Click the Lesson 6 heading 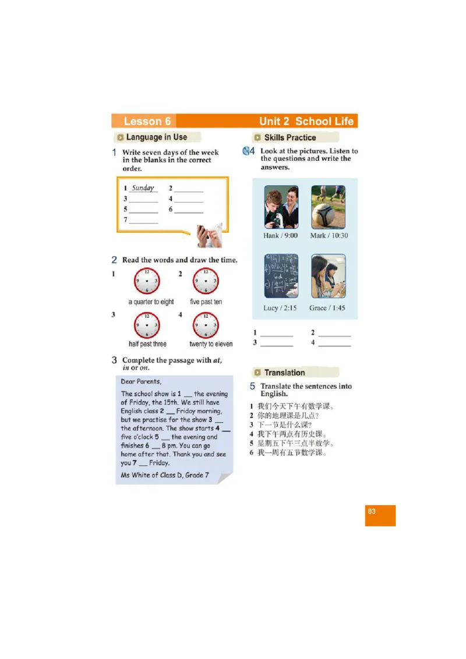pyautogui.click(x=147, y=121)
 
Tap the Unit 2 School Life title pyautogui.click(x=306, y=121)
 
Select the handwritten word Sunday pyautogui.click(x=143, y=188)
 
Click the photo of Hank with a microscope pyautogui.click(x=281, y=207)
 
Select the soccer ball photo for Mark pyautogui.click(x=328, y=207)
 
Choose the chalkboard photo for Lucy pyautogui.click(x=281, y=276)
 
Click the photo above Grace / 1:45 pyautogui.click(x=328, y=276)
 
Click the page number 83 pyautogui.click(x=372, y=512)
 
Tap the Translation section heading pyautogui.click(x=284, y=373)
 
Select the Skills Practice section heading pyautogui.click(x=290, y=137)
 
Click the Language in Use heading pyautogui.click(x=156, y=137)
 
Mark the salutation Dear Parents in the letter pyautogui.click(x=141, y=382)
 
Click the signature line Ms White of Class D pyautogui.click(x=162, y=475)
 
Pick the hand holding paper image pyautogui.click(x=209, y=235)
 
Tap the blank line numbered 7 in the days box pyautogui.click(x=143, y=221)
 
